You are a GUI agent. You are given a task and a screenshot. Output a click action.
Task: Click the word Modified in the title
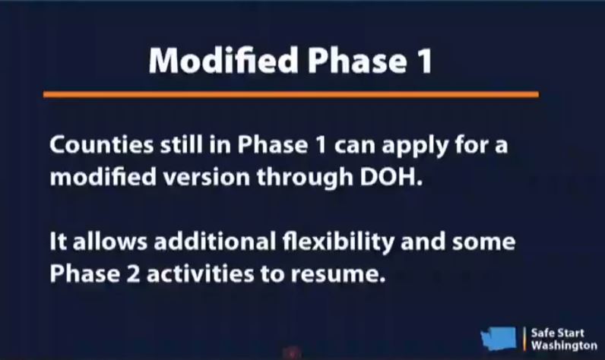tap(223, 60)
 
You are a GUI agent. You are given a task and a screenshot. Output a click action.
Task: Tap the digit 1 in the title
tap(426, 62)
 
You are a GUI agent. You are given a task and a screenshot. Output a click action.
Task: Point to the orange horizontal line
tap(291, 94)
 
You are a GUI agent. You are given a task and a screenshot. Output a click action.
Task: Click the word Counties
tap(102, 144)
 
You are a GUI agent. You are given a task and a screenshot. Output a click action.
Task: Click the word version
tap(207, 177)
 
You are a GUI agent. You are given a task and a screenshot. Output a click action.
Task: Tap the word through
tap(305, 178)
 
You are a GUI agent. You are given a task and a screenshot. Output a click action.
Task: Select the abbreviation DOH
tap(391, 177)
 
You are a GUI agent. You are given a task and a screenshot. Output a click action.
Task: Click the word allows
tap(110, 242)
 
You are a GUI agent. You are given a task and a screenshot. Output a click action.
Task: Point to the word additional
tap(215, 242)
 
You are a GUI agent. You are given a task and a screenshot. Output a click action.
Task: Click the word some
tap(483, 242)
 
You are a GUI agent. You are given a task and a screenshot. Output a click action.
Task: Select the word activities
tap(200, 273)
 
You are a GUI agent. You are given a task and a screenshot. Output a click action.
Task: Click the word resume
tap(338, 275)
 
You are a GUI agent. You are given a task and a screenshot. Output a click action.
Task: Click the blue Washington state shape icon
tap(499, 338)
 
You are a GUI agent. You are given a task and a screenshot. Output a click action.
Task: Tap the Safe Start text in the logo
tap(558, 333)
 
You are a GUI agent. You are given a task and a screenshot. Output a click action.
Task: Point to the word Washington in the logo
tap(564, 346)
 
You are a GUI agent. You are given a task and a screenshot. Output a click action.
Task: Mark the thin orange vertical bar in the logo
tap(524, 339)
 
